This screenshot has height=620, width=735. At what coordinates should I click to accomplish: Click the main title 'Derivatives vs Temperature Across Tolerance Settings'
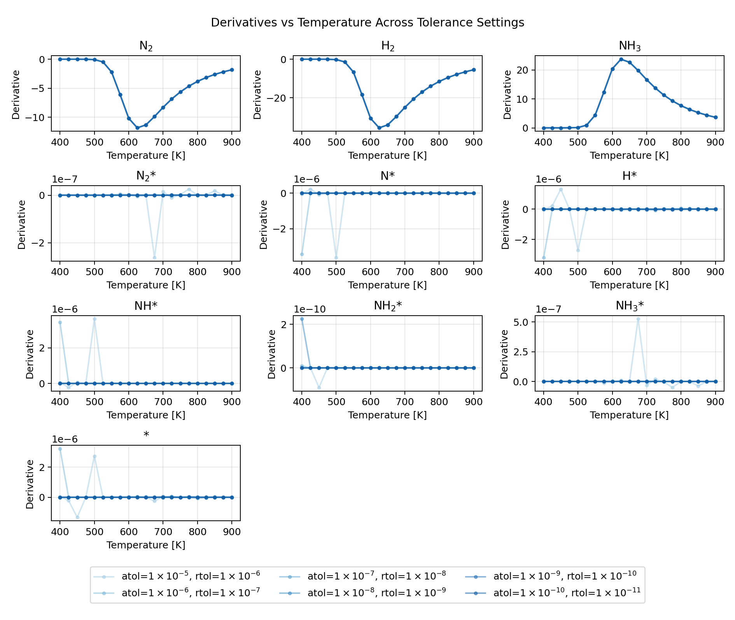367,23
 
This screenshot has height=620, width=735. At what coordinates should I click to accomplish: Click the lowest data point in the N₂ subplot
137,128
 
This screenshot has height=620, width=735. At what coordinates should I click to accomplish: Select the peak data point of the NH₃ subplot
621,59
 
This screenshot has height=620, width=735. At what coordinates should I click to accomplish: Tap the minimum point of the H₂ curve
379,128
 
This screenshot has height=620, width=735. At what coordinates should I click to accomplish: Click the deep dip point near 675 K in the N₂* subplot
154,258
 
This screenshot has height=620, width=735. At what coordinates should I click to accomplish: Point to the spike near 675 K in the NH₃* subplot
638,319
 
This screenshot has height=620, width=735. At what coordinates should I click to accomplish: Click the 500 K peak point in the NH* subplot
94,319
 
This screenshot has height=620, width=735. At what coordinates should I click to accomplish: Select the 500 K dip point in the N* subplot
336,258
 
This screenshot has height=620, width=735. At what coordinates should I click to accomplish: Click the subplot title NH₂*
388,306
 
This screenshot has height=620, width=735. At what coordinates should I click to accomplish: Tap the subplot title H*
629,176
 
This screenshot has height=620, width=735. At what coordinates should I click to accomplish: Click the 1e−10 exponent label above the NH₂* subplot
310,309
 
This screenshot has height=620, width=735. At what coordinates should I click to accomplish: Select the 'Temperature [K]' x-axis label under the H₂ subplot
387,156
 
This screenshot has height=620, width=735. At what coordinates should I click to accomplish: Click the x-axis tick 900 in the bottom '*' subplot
232,532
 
